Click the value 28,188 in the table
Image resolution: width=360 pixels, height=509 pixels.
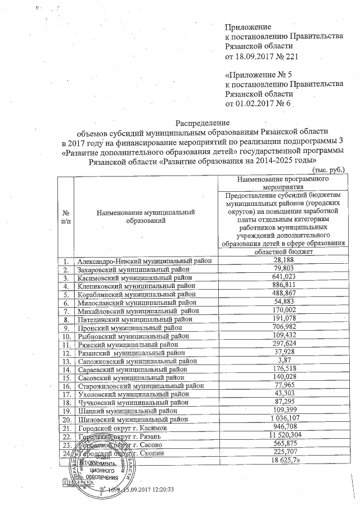coord(283,261)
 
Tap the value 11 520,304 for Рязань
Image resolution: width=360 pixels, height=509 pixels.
coord(283,437)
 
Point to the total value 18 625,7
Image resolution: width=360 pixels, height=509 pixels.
coord(283,461)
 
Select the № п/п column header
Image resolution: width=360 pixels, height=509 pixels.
coord(66,217)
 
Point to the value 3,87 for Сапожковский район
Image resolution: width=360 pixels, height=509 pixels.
coord(283,361)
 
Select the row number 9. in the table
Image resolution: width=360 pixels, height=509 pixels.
coord(66,328)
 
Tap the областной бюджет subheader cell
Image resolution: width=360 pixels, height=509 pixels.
coord(283,252)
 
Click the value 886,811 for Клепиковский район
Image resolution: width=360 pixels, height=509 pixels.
coord(283,285)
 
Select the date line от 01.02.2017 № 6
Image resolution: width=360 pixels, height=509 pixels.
coord(258,103)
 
